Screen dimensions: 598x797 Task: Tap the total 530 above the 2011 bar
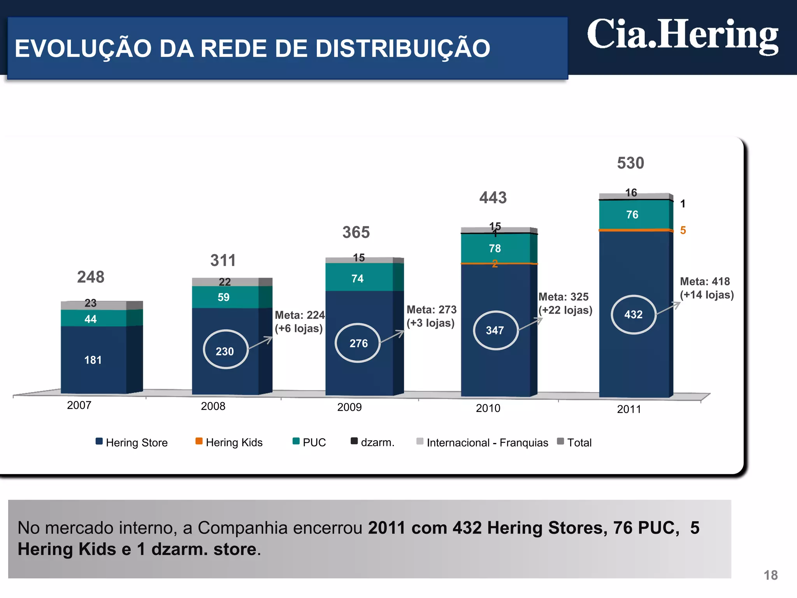coord(630,163)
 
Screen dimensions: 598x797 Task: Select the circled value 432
coord(633,315)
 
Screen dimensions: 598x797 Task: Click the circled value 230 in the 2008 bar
coord(225,351)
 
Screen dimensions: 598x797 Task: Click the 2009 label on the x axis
coord(349,407)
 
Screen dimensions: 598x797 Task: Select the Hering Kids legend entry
coord(229,443)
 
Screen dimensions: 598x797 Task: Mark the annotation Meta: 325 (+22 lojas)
coord(565,304)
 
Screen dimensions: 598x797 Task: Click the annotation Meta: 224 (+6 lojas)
coord(299,322)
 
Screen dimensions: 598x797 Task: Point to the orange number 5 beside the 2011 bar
coord(683,230)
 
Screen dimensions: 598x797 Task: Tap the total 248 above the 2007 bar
coord(91,277)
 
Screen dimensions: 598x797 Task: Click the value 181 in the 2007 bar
coord(93,360)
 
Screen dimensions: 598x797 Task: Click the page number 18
coord(770,575)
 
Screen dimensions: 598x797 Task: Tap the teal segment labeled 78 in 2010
coord(495,248)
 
